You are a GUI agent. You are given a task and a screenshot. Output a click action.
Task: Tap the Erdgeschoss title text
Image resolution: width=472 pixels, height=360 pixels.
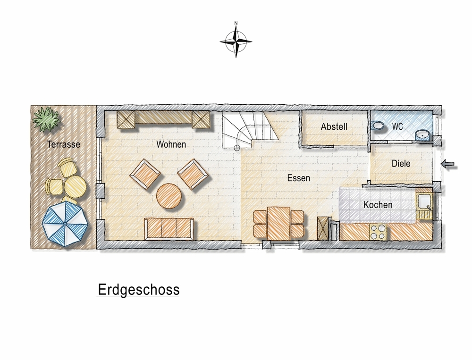click(x=138, y=289)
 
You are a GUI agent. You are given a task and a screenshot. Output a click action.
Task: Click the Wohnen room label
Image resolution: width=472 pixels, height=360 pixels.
click(x=171, y=145)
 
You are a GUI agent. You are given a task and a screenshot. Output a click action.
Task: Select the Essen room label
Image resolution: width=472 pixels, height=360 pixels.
click(x=299, y=178)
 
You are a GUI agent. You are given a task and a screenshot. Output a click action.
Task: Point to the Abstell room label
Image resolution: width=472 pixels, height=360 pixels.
click(x=334, y=126)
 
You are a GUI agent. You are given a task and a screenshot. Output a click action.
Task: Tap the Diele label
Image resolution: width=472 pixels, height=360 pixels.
click(x=401, y=164)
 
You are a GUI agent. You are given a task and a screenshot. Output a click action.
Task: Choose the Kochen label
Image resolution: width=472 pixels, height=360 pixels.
click(x=378, y=205)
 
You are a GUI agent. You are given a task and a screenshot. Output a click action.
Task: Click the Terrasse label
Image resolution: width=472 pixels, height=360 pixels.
click(x=63, y=144)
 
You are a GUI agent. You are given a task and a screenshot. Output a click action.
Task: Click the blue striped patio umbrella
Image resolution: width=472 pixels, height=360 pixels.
click(x=65, y=224)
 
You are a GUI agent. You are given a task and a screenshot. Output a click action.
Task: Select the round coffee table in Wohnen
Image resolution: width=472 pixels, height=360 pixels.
click(x=169, y=196)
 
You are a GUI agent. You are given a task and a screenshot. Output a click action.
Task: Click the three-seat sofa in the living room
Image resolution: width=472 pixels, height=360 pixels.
click(x=169, y=229)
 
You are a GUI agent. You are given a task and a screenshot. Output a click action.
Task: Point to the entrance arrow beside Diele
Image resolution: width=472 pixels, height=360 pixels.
click(x=449, y=164)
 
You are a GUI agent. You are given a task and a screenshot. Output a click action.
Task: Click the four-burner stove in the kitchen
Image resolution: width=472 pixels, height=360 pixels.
click(x=378, y=232)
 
